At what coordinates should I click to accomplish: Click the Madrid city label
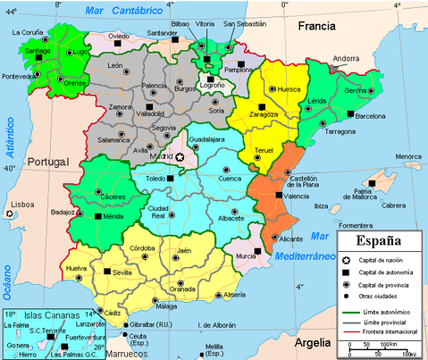point(161,157)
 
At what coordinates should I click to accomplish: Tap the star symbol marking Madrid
point(180,157)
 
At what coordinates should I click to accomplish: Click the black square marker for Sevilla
point(107,271)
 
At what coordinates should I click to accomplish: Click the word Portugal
point(48,161)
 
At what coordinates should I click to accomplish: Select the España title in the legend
point(380,241)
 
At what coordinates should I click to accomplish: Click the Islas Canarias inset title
point(51,315)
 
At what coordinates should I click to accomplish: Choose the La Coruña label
point(28,33)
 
